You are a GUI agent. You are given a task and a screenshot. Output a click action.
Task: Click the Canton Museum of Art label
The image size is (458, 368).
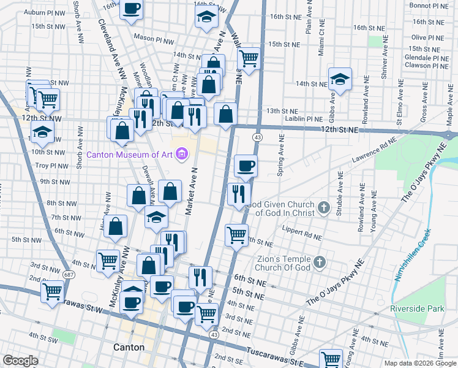tap(129, 154)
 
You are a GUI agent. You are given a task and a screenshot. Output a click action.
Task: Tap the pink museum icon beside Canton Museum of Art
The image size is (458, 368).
tap(181, 154)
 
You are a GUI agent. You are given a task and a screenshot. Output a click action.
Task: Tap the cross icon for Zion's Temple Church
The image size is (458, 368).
tap(318, 264)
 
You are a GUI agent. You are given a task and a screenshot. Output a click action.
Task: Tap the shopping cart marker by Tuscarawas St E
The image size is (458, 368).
tap(331, 358)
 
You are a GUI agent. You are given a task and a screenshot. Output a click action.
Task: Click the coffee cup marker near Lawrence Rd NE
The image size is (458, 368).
tap(246, 165)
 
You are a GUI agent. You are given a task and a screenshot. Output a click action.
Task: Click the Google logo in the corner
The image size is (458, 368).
tap(20, 361)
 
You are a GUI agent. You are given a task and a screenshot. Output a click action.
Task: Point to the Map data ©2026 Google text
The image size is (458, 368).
tap(420, 363)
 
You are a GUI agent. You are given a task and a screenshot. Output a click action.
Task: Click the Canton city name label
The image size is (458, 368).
tap(129, 347)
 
